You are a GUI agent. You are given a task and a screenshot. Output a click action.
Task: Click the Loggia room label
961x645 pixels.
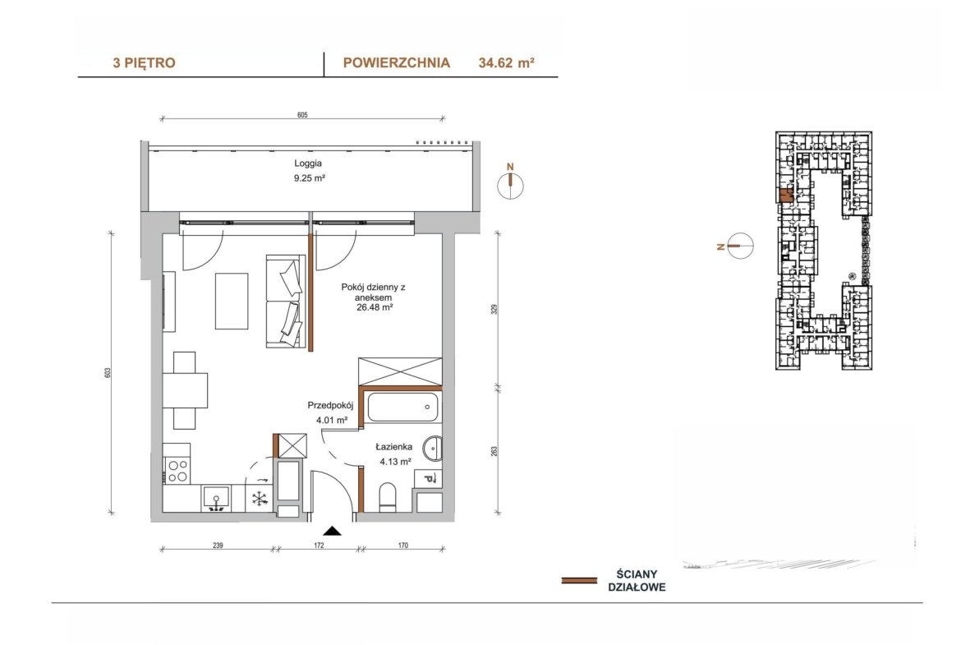(308, 164)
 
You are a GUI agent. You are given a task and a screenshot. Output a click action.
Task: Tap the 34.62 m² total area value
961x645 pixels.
(506, 62)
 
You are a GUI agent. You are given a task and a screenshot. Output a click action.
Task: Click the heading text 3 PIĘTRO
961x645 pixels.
(144, 62)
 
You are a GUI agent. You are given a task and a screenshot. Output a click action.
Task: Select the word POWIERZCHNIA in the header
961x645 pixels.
(397, 62)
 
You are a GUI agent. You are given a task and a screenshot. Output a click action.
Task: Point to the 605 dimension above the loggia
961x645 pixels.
(302, 115)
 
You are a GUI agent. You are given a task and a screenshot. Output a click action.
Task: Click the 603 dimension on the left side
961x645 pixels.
(108, 372)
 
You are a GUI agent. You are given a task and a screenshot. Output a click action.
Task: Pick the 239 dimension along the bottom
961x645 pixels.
(218, 545)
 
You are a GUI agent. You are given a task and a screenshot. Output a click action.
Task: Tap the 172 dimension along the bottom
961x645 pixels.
(319, 545)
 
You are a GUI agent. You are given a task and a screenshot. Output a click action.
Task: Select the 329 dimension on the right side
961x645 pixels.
(494, 310)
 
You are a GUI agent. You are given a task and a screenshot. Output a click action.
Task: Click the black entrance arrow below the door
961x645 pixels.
(332, 531)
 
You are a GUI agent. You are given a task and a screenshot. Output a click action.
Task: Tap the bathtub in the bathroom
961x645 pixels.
(402, 407)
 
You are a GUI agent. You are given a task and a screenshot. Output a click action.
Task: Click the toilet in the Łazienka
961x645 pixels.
(388, 497)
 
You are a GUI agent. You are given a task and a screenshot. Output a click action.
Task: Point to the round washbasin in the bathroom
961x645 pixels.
(433, 448)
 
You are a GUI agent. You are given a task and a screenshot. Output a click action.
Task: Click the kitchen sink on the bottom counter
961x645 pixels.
(216, 497)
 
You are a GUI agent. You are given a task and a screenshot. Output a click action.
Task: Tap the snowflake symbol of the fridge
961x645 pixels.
(260, 499)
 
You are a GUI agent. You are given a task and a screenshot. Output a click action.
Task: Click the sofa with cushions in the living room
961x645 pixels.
(286, 302)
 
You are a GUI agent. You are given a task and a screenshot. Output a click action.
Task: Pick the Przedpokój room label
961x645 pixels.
(330, 405)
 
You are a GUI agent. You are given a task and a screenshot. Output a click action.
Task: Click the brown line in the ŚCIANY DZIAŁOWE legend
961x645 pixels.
(579, 580)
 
